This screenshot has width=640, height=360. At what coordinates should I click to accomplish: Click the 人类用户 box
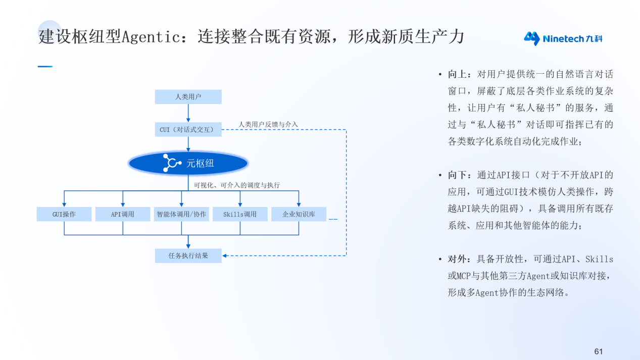[x=188, y=97]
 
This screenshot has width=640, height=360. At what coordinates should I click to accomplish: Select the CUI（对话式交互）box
[x=188, y=129]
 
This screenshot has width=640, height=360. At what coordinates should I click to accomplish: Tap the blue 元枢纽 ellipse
[x=188, y=163]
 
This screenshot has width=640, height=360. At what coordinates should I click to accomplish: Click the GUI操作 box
[x=64, y=214]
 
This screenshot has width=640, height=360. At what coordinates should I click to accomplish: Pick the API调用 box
[x=123, y=214]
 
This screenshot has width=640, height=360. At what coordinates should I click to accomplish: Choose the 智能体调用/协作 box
[x=181, y=214]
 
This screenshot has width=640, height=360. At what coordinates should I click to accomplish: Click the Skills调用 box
[x=240, y=214]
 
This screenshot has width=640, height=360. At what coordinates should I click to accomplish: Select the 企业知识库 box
[x=299, y=214]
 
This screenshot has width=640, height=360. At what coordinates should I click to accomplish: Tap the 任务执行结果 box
[x=188, y=256]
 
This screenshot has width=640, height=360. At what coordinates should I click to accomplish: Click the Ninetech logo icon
[x=532, y=38]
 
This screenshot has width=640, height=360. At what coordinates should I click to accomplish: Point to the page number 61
[x=598, y=351]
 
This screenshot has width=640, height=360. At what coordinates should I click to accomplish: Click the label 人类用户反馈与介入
[x=268, y=125]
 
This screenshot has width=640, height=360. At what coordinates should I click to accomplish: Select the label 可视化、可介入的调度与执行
[x=236, y=185]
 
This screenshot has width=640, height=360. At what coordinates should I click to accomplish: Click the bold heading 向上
[x=457, y=74]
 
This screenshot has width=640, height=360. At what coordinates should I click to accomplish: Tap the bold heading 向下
[x=457, y=175]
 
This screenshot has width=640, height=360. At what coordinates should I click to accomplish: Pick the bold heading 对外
[x=457, y=259]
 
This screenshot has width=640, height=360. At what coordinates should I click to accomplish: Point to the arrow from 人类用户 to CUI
[x=188, y=113]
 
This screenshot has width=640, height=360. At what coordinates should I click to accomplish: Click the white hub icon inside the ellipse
[x=172, y=163]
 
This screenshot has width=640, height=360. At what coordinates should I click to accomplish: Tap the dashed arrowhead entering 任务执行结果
[x=224, y=256]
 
